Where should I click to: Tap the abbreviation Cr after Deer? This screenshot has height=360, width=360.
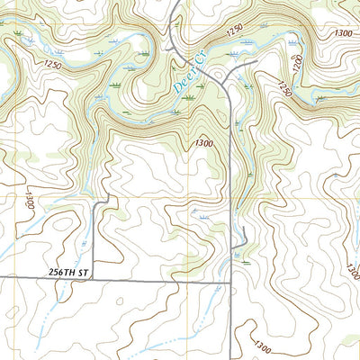coord(202,57)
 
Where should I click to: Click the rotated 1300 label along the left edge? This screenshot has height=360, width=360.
coord(30,201)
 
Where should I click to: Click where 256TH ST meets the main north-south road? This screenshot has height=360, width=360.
coord(231,281)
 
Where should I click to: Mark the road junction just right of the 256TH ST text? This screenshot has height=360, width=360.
coord(95,280)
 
